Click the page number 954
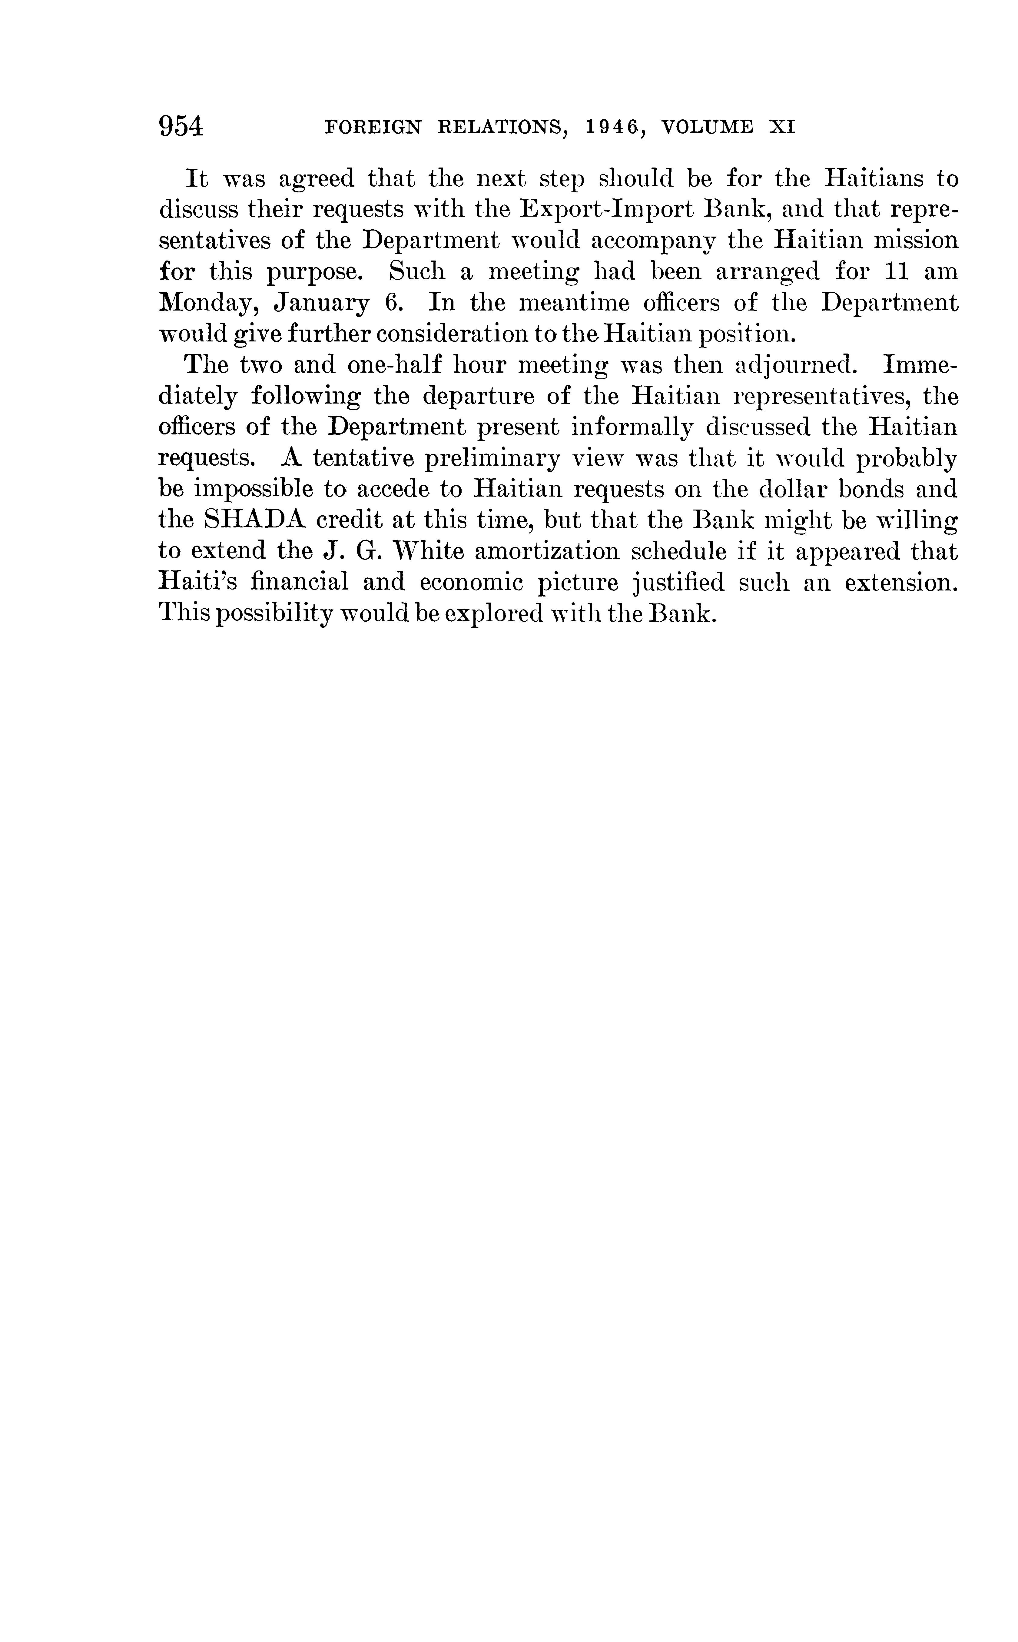point(181,127)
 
